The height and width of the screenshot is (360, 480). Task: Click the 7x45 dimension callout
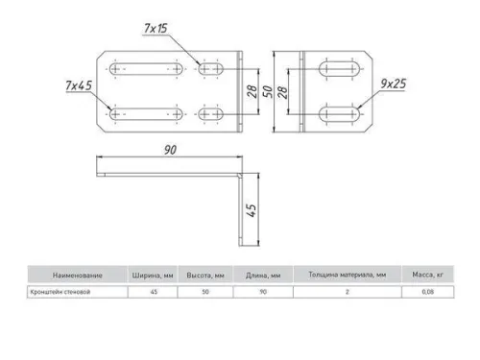click(79, 86)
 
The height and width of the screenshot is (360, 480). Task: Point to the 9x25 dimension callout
click(394, 84)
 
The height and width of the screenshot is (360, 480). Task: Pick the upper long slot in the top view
click(147, 70)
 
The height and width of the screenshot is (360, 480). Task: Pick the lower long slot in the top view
click(147, 115)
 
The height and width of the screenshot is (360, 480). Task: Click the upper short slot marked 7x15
click(213, 70)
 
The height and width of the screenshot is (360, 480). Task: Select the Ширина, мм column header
click(152, 274)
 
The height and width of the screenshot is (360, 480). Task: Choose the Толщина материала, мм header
click(347, 274)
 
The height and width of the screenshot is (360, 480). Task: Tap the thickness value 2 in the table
click(347, 291)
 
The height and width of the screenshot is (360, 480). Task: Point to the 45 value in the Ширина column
click(152, 291)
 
